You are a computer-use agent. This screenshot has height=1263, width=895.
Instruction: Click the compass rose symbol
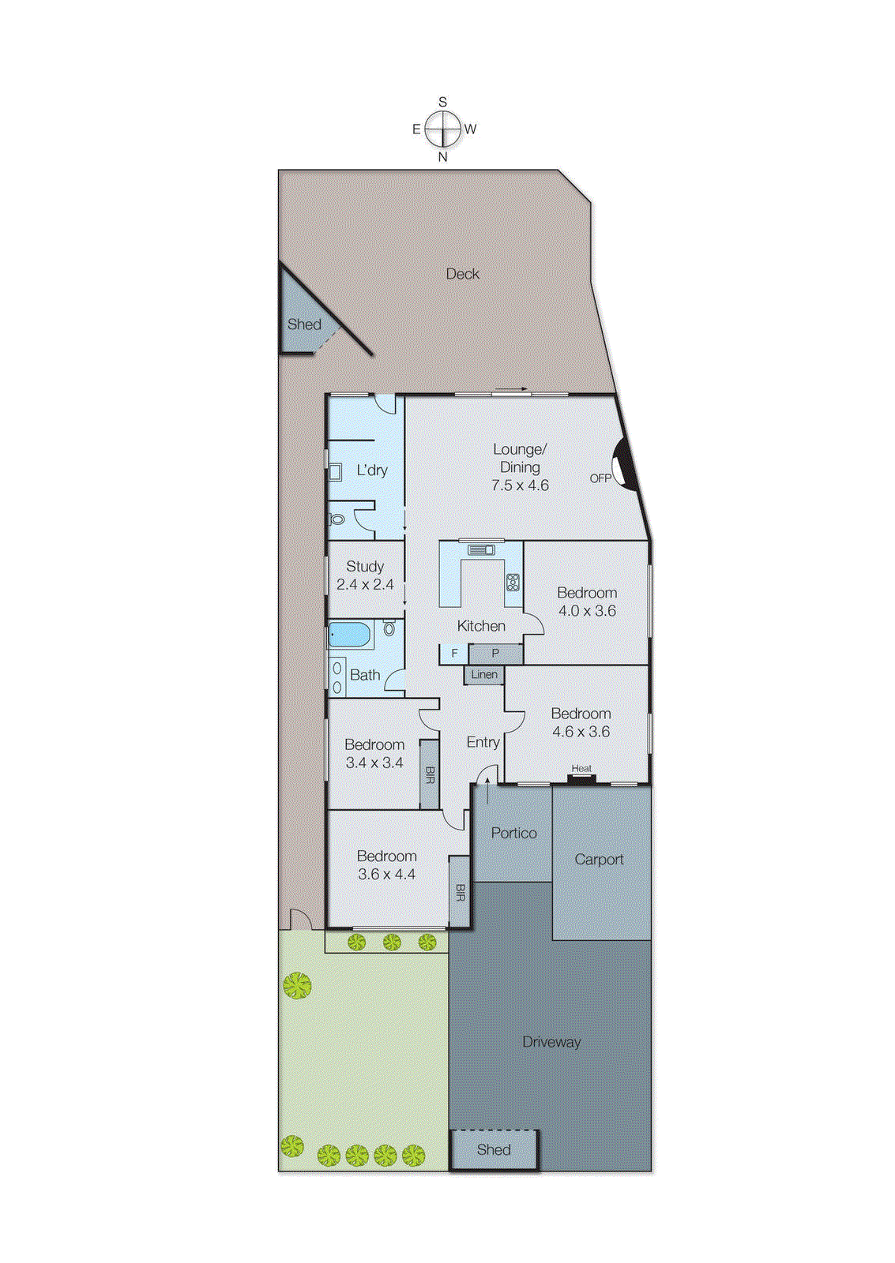tap(442, 129)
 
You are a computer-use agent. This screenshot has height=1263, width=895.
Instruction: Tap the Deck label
tap(462, 274)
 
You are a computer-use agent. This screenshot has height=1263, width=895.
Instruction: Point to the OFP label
tap(600, 478)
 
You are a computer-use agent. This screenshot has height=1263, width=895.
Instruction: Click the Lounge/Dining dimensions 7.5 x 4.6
tap(520, 485)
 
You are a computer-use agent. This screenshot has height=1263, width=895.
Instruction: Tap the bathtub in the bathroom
tap(350, 634)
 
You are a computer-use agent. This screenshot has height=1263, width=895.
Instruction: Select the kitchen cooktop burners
tap(513, 583)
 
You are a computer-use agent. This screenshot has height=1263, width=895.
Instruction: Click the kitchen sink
tap(481, 549)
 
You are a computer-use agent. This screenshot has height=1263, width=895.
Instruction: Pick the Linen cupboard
tap(484, 675)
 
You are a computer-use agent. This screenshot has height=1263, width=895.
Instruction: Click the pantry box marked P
tap(495, 654)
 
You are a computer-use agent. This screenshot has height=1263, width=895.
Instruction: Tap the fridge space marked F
tap(454, 654)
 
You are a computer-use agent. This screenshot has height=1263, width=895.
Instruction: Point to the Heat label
tap(581, 768)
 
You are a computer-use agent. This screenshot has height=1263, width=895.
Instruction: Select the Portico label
tap(513, 833)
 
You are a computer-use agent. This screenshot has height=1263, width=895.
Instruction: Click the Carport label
tap(599, 860)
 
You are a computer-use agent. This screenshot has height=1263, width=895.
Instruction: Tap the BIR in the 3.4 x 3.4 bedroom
tap(430, 774)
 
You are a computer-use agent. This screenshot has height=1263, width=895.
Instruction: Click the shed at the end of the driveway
tap(494, 1150)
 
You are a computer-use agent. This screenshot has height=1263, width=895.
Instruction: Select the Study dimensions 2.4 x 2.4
tap(365, 585)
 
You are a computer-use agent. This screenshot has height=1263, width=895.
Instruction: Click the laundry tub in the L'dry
tap(335, 472)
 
